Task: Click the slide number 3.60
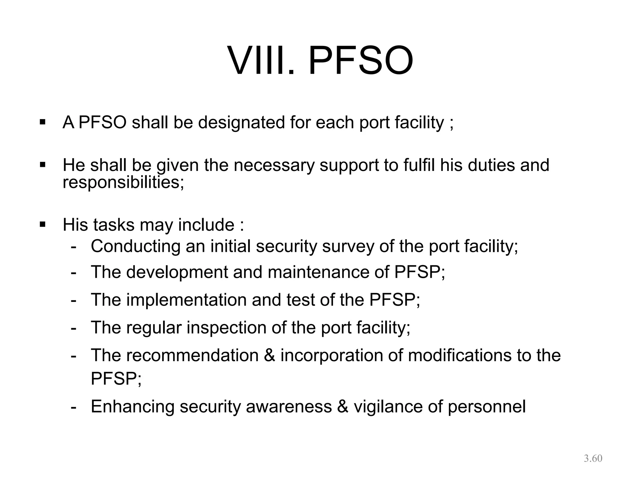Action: tap(593, 458)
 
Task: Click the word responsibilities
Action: tap(123, 182)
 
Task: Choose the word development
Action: tap(177, 272)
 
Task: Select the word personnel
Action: tap(487, 407)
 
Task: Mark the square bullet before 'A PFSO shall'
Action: tap(43, 122)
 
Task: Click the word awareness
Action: tap(289, 407)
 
